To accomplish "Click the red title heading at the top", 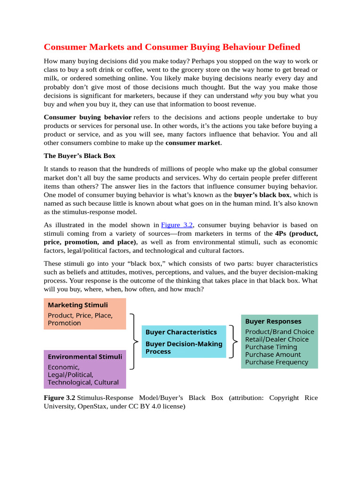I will coord(172,47).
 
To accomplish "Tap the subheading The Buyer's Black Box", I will coord(79,156).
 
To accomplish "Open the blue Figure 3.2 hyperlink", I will coord(177,225).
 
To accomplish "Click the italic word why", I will coord(256,96).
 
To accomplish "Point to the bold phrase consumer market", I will coord(193,143).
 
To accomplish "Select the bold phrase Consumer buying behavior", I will coord(88,117).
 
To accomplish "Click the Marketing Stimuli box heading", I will coord(78,305).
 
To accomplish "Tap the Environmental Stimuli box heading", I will coord(85,357).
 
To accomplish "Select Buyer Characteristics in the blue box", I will coord(181,332).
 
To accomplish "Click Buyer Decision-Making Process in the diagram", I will coord(183,348).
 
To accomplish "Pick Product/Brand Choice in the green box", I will coord(280,332).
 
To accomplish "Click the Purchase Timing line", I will coord(271,347).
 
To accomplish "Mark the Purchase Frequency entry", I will coord(277,362).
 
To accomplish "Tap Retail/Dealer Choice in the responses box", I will coord(277,340).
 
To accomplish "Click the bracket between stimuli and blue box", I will coord(135,341).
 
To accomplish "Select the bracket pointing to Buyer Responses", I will coord(233,341).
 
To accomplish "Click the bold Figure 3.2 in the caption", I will coord(59,398).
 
